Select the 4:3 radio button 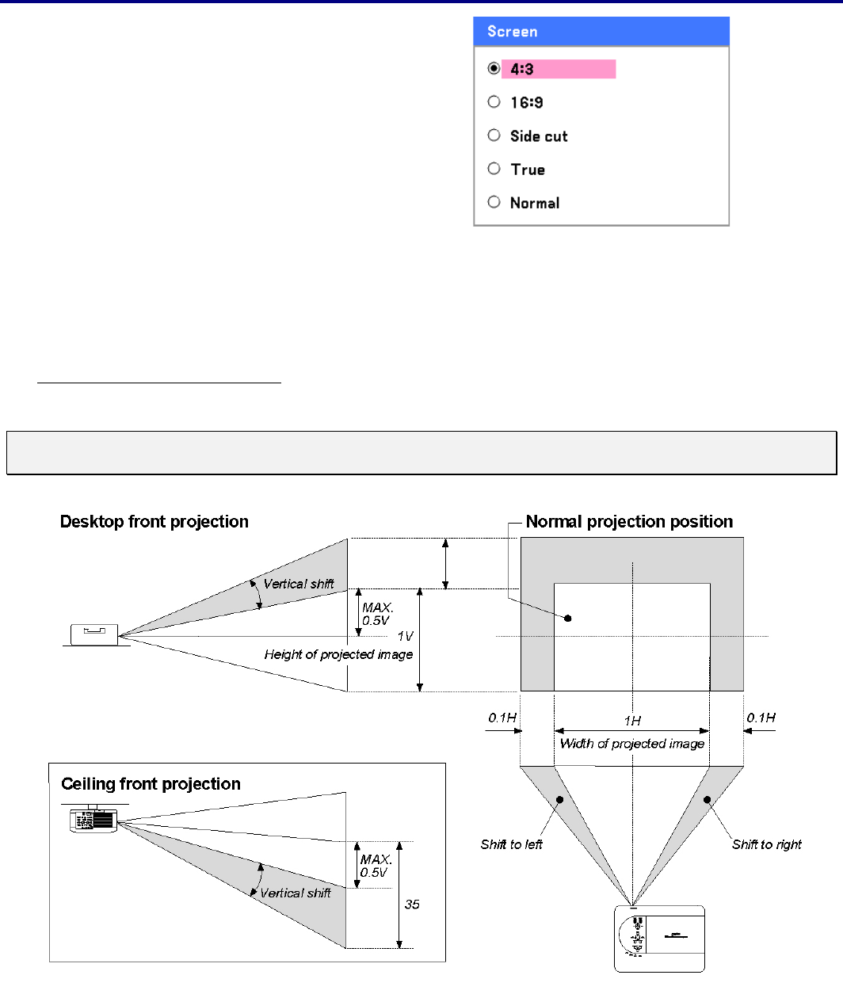pos(494,69)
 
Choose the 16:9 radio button pos(494,102)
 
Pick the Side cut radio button pos(494,135)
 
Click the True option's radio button pos(494,169)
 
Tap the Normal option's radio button pos(494,202)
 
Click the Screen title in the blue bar pos(513,32)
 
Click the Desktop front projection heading pos(154,522)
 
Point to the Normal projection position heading pos(629,522)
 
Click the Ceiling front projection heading pos(151,784)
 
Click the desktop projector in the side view pos(94,634)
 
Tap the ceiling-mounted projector pos(93,819)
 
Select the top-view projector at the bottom pos(659,939)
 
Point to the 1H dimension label pos(632,721)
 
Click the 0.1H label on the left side pos(502,718)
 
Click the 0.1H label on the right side pos(761,718)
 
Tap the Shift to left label pos(511,844)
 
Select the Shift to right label pos(766,844)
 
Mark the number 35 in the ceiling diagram pos(412,905)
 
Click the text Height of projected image pos(338,654)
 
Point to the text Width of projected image pos(632,744)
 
